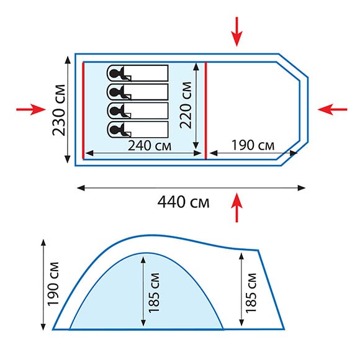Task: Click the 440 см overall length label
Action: tap(183, 202)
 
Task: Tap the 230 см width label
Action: tap(59, 110)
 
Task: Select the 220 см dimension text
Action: tap(186, 105)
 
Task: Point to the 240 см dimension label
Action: tap(150, 146)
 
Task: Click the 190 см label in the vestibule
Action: tap(253, 145)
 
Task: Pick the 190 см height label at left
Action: tap(53, 284)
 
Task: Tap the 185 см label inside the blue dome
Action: tap(154, 293)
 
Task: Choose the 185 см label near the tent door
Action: tap(251, 293)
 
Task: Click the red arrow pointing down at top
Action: tap(236, 32)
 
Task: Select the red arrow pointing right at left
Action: tap(31, 109)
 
